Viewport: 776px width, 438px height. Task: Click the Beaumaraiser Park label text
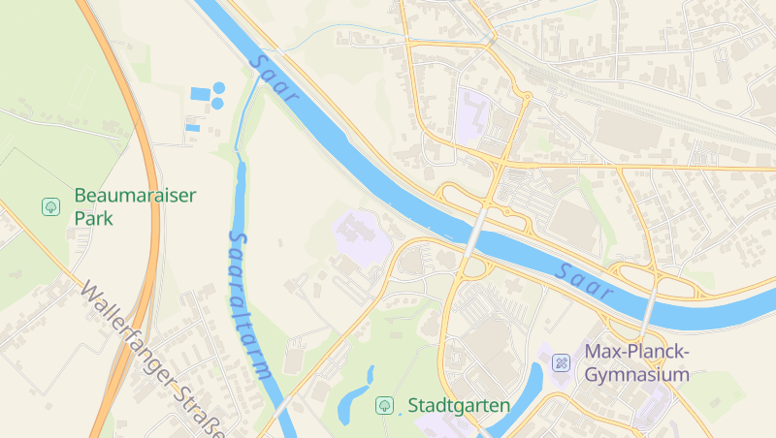click(x=135, y=206)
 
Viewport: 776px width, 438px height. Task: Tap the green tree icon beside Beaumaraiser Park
click(x=50, y=206)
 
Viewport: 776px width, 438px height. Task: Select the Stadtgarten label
click(x=459, y=405)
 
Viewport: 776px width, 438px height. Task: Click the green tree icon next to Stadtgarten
click(x=384, y=405)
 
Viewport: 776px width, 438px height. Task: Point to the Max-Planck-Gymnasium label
click(x=636, y=362)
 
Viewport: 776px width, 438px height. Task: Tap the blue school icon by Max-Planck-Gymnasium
click(x=561, y=363)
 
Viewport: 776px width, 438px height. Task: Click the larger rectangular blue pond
click(x=200, y=94)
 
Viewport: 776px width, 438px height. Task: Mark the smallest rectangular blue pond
click(x=192, y=128)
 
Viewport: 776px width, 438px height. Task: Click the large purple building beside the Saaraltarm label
click(x=359, y=234)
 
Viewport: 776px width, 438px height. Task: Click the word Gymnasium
click(x=636, y=375)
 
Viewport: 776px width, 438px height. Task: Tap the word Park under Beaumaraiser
click(x=94, y=219)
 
